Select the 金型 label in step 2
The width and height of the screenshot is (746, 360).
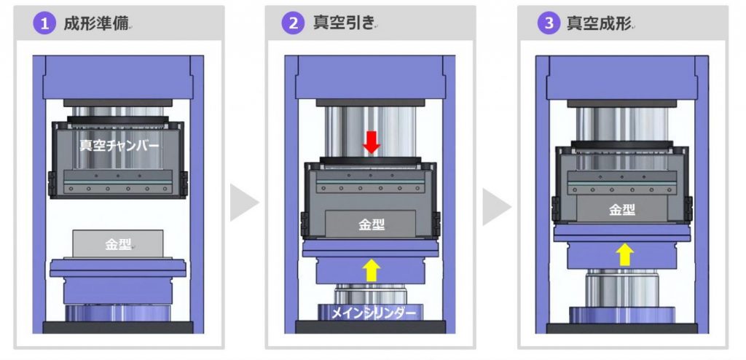[x=372, y=224]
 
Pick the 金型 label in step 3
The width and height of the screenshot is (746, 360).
[x=621, y=210]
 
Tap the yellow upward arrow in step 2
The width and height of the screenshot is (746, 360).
[x=372, y=270]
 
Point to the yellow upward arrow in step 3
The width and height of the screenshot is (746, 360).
[x=623, y=254]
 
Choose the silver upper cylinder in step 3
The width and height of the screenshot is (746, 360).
[x=623, y=120]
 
